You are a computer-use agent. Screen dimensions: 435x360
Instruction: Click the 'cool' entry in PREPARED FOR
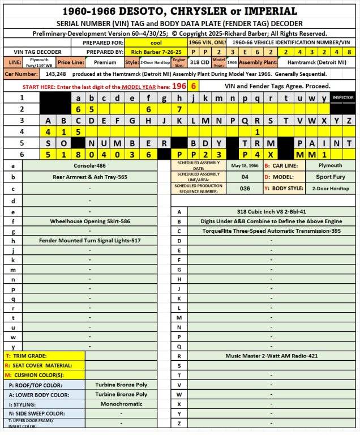tap(155, 42)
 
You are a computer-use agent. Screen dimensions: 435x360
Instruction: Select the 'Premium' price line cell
tap(105, 62)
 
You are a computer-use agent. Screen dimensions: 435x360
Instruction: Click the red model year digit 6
tap(194, 86)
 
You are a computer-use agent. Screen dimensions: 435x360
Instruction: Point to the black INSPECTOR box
tap(342, 97)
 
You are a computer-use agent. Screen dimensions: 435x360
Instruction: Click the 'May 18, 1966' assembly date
tap(245, 166)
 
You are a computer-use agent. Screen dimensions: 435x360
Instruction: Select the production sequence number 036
tap(245, 188)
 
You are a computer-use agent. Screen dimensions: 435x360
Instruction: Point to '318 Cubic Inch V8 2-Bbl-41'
tap(271, 212)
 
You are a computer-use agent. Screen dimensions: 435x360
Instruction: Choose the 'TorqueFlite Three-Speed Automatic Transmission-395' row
tap(271, 231)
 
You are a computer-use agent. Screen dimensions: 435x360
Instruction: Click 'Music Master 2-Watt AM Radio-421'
tap(271, 356)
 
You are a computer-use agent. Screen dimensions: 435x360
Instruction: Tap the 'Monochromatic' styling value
tap(121, 404)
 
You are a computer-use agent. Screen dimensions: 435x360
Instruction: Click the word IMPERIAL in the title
tap(264, 11)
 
